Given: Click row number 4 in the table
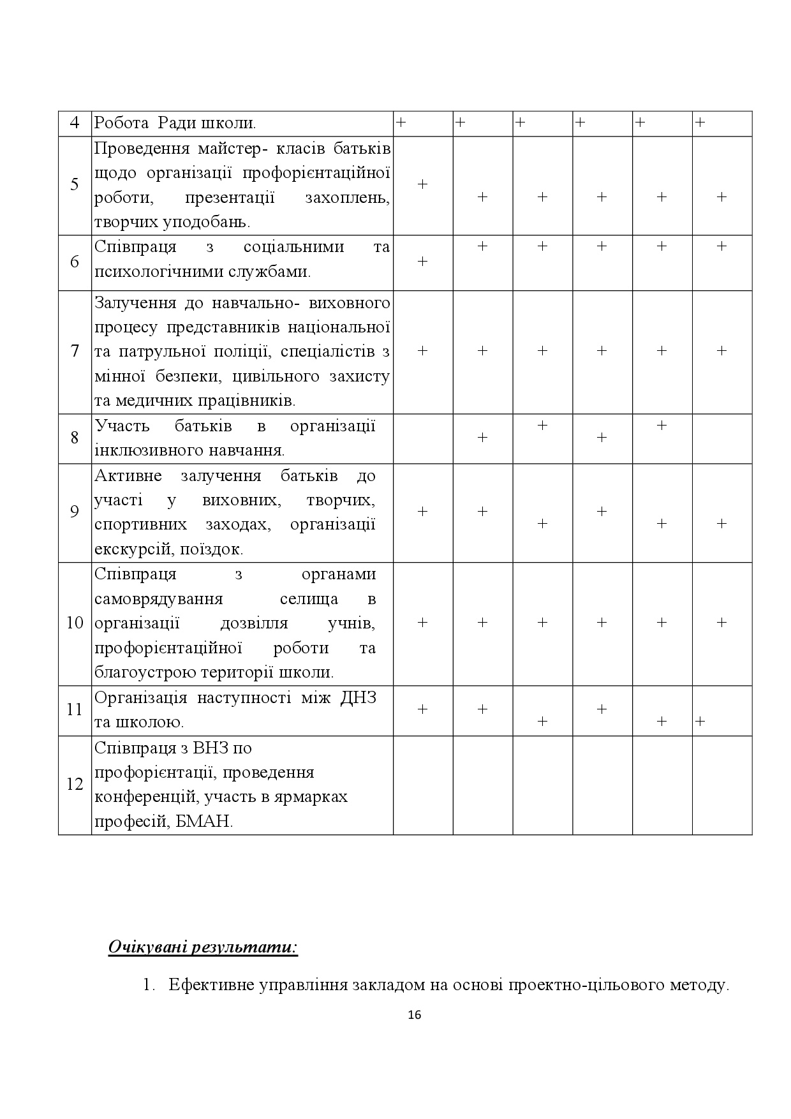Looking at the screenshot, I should click(75, 123).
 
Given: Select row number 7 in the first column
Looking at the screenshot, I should click(75, 351).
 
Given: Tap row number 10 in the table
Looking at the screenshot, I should click(75, 623).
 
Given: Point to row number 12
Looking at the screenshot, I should click(75, 784).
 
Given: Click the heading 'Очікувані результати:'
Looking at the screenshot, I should click(203, 946).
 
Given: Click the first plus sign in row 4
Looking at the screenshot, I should click(401, 122).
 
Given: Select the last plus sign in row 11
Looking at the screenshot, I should click(700, 722).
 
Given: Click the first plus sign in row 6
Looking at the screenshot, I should click(422, 262).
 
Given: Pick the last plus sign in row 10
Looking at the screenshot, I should click(721, 622).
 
